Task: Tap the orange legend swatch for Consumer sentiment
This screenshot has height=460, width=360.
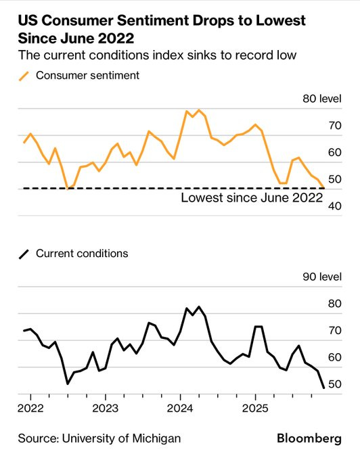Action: (24, 76)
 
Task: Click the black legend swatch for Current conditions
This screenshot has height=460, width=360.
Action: (24, 254)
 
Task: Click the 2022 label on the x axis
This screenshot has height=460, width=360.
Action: (30, 409)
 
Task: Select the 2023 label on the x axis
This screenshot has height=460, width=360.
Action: (105, 409)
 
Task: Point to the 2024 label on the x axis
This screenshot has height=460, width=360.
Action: (180, 409)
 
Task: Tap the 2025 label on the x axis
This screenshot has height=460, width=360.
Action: (255, 409)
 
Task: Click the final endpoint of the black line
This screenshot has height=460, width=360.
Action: (323, 388)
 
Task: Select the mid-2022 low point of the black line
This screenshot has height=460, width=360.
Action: (68, 384)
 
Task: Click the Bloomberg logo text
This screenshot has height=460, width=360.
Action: (309, 438)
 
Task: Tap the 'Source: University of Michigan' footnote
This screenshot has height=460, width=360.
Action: (99, 438)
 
